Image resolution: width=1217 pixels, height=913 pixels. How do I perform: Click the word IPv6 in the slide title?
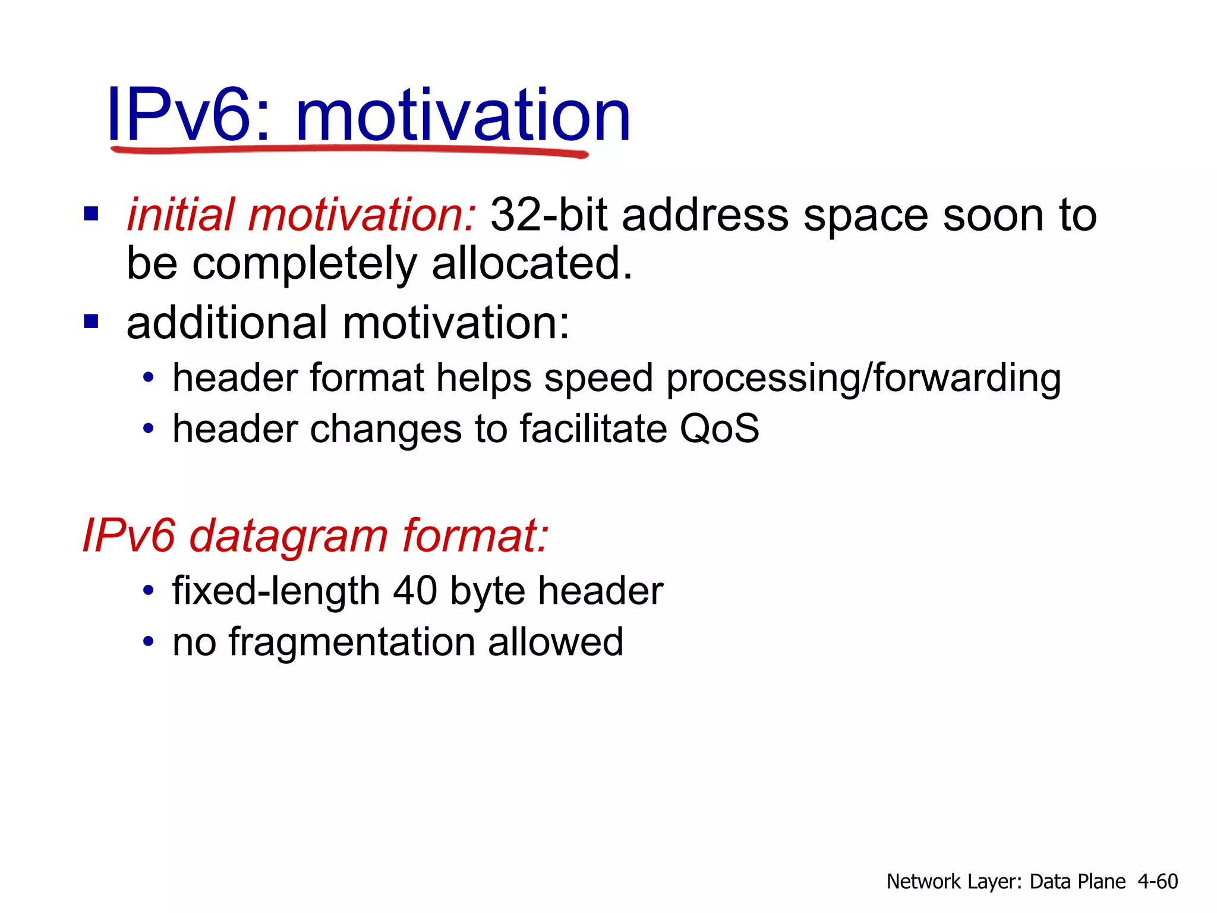[x=179, y=114]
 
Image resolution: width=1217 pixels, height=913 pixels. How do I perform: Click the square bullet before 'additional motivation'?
[x=91, y=322]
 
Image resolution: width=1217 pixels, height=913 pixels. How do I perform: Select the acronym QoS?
[x=719, y=429]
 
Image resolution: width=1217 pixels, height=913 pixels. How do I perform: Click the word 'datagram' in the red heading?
[x=289, y=536]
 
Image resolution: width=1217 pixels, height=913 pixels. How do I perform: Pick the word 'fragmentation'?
[x=352, y=642]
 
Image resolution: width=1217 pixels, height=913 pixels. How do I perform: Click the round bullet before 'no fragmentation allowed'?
[x=149, y=642]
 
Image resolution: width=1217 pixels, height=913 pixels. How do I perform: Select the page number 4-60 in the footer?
[x=1158, y=881]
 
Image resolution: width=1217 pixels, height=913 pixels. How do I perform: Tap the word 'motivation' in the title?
[x=462, y=114]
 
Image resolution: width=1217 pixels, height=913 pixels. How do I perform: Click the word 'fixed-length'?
[x=276, y=591]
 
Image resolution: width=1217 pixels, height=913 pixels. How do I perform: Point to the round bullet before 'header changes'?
[x=149, y=429]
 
